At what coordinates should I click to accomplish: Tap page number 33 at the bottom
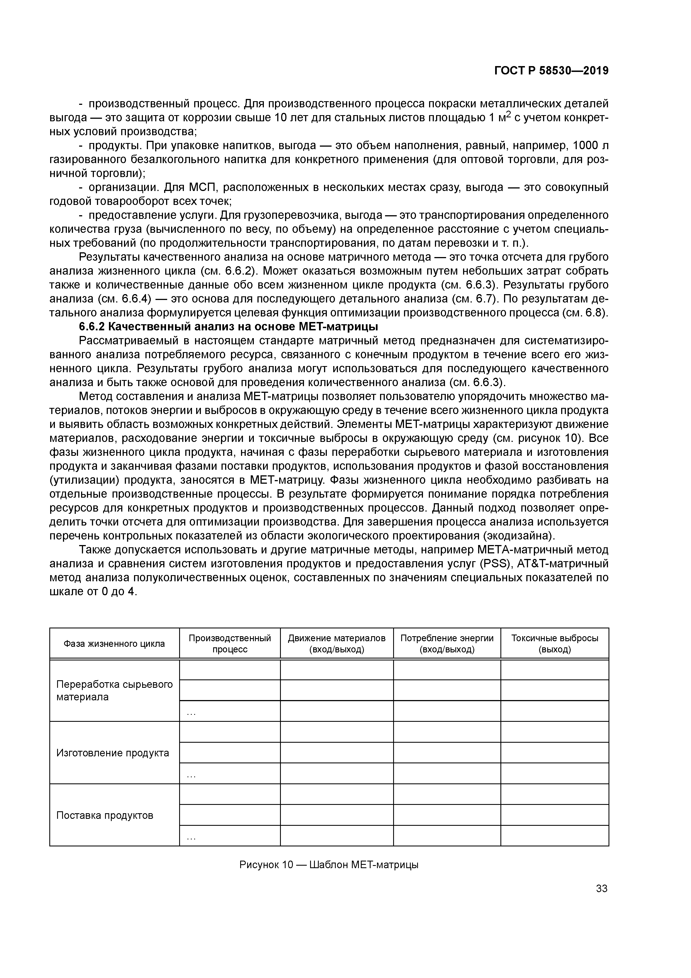point(602,889)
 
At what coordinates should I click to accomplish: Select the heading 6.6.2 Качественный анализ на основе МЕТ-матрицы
point(229,327)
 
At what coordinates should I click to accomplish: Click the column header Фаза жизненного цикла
point(114,644)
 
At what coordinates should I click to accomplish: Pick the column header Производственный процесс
point(230,644)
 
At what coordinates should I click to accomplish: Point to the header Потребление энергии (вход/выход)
point(447,644)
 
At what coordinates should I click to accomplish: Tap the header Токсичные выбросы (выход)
point(554,644)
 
